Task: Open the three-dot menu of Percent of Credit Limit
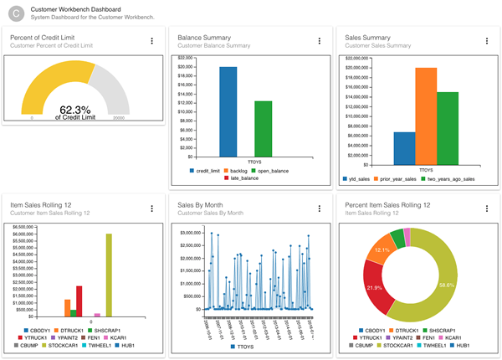[x=151, y=41]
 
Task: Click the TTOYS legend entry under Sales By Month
[x=240, y=346]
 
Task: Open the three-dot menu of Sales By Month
[x=319, y=208]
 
